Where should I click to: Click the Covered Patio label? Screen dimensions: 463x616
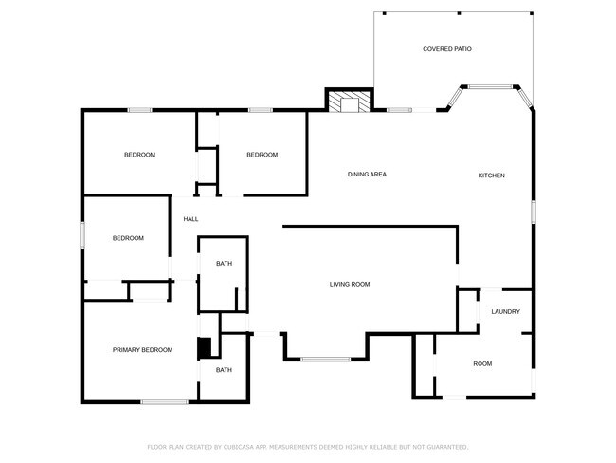tap(446, 48)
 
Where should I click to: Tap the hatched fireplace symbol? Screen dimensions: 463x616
tap(350, 102)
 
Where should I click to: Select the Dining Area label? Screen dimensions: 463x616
tap(367, 175)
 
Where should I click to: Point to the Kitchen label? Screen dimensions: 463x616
tap(491, 176)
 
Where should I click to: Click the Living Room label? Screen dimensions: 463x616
tap(349, 284)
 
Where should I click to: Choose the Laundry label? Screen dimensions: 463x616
tap(504, 311)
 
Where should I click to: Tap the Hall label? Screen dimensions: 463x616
tap(190, 219)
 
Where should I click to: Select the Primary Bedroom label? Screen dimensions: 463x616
tap(143, 350)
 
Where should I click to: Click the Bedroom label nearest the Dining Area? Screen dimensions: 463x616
tap(262, 155)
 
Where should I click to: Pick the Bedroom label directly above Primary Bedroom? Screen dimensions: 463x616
tap(128, 238)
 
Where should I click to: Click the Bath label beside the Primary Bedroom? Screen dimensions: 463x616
tap(224, 370)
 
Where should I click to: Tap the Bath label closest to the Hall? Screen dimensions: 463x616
tap(224, 264)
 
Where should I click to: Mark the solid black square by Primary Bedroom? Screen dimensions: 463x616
tap(203, 348)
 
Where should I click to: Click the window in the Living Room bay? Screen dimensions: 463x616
tap(325, 359)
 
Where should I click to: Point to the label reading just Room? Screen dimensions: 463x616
tap(482, 364)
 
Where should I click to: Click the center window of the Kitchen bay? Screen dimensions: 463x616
tap(489, 87)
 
